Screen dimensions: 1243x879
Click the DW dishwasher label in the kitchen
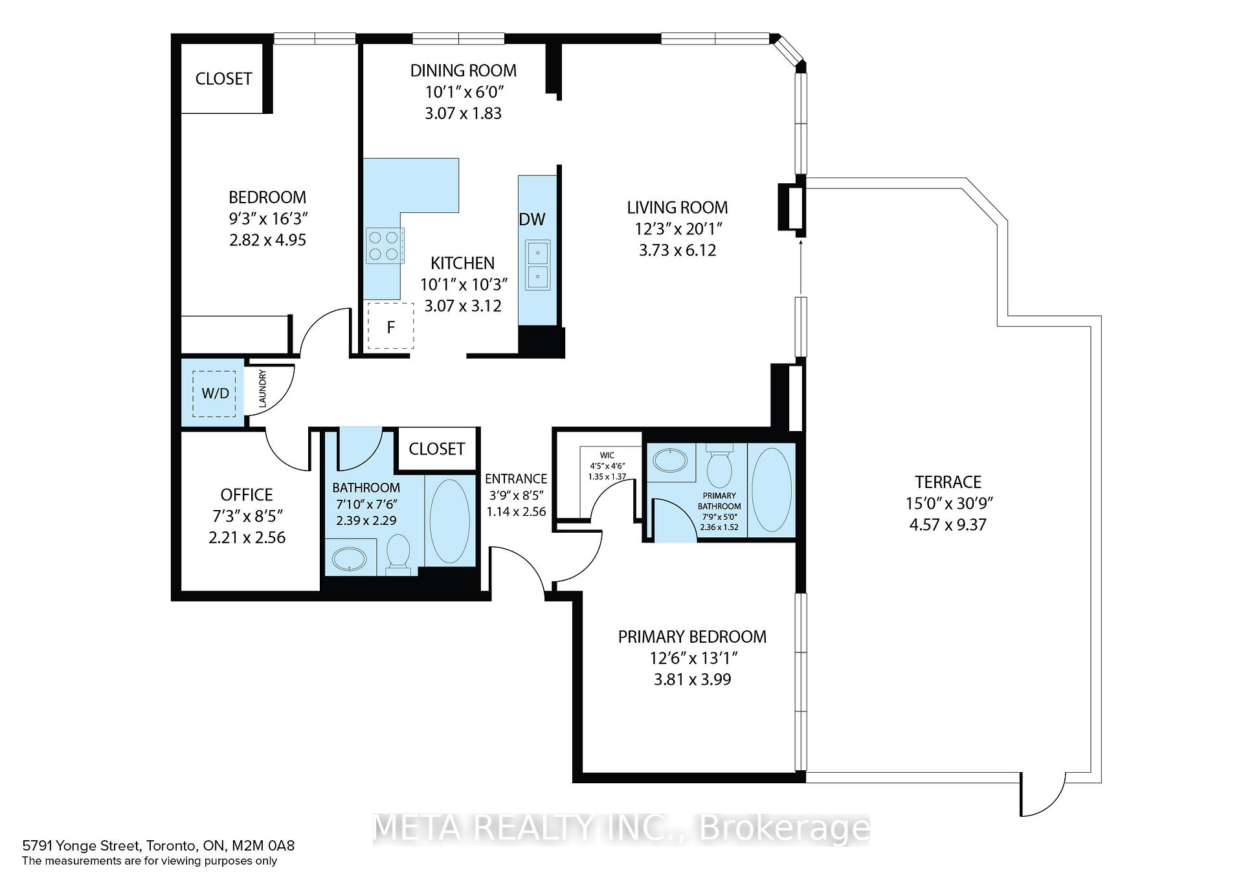tap(532, 219)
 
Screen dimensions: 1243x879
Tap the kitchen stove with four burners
tap(385, 245)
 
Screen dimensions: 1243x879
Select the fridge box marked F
tap(390, 326)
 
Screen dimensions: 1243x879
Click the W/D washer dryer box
tap(216, 393)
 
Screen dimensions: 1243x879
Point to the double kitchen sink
tap(537, 265)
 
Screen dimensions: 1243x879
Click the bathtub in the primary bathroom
tap(772, 490)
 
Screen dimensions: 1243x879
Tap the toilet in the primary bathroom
tap(719, 466)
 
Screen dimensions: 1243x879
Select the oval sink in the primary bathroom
tap(672, 461)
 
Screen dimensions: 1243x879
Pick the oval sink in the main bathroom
tap(350, 559)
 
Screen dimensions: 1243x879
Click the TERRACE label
tap(948, 482)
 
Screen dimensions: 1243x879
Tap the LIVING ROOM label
tap(677, 208)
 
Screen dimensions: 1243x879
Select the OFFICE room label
tap(247, 495)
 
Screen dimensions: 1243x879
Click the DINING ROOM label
tap(464, 71)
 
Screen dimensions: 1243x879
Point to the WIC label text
tap(607, 456)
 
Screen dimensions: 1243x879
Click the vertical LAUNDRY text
tap(263, 388)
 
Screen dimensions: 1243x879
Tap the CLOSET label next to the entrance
tap(436, 449)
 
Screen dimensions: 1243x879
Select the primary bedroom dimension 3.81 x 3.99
tap(692, 679)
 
